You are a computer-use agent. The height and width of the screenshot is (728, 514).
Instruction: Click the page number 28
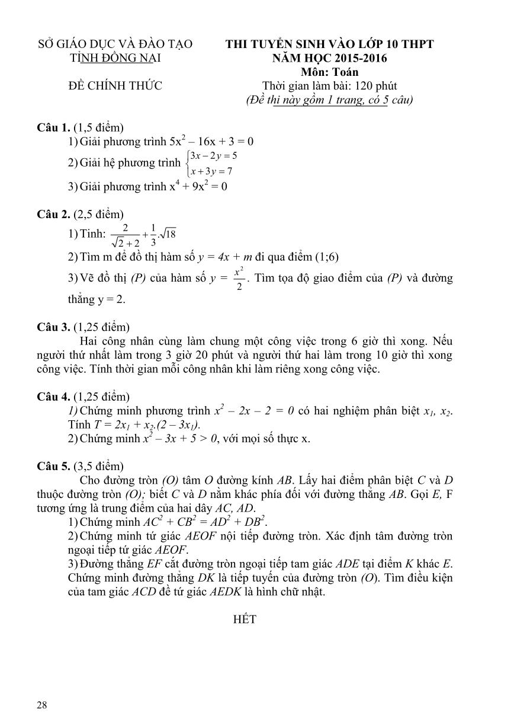pos(41,704)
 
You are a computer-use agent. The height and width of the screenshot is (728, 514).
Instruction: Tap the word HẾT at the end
pos(245,619)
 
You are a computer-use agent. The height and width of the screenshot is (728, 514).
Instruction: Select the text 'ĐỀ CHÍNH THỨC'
pos(115,86)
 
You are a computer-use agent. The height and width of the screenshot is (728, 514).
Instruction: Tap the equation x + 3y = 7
pos(211,171)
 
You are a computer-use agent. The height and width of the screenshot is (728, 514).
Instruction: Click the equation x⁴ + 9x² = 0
pos(198,186)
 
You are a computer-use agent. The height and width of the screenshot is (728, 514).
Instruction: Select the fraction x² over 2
pos(239,279)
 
